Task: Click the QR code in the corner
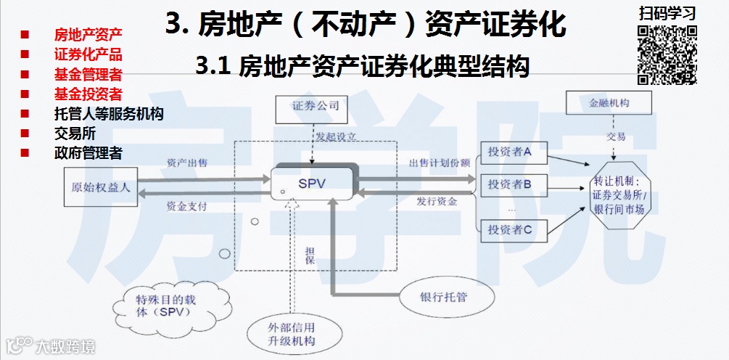click(x=667, y=55)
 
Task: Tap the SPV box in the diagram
click(x=312, y=184)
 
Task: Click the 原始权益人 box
click(x=100, y=187)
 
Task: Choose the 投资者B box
click(x=509, y=184)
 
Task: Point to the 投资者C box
click(x=509, y=230)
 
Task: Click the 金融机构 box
click(x=609, y=103)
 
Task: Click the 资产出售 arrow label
click(x=187, y=163)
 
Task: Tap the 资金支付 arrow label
click(x=187, y=206)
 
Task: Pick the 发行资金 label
click(x=436, y=201)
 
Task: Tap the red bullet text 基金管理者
click(x=88, y=74)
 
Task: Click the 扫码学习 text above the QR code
click(x=667, y=14)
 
